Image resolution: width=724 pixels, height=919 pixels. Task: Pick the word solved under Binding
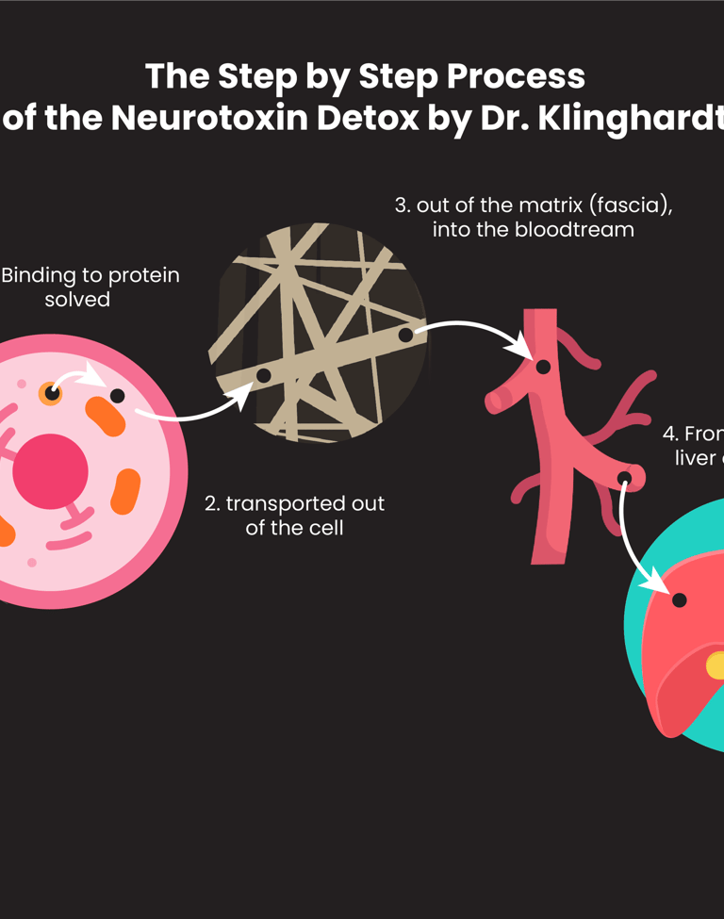(x=77, y=300)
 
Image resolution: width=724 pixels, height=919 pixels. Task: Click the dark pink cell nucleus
(x=50, y=470)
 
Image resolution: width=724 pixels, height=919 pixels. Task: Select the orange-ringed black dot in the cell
(x=51, y=393)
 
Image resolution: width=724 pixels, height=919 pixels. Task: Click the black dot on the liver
(x=679, y=599)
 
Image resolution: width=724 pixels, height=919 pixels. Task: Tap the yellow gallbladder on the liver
(x=716, y=665)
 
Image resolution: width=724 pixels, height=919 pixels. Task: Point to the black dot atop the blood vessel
(x=544, y=367)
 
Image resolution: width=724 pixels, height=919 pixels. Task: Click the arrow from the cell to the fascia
(x=193, y=412)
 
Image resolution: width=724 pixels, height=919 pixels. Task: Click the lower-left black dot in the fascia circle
(x=264, y=376)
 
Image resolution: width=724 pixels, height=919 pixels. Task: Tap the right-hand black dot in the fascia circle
(x=405, y=335)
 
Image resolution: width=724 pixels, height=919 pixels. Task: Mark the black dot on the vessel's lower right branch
(x=624, y=479)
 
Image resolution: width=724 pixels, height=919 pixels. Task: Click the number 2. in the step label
(x=212, y=503)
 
